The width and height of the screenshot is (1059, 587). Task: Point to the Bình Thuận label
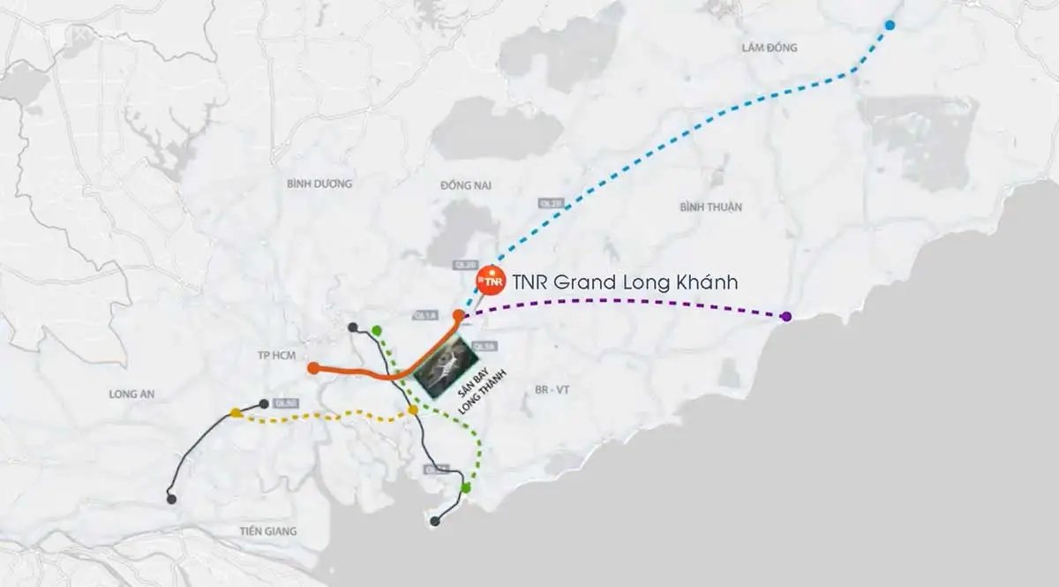pos(711,207)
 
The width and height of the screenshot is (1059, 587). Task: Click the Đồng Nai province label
pos(465,185)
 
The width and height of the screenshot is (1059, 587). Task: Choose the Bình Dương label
pos(319,184)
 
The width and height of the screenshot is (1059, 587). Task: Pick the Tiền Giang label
pos(267,531)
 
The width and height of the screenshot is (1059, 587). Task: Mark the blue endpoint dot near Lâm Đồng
pos(890,25)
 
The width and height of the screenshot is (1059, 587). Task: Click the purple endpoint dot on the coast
pos(786,316)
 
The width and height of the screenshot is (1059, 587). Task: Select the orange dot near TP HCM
pos(313,368)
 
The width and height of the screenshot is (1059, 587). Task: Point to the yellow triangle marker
pos(236,412)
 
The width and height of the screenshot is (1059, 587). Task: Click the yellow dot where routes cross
pos(412,410)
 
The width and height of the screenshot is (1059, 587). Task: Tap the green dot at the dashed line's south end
pos(466,487)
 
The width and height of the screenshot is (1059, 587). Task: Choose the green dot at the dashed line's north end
pos(377,331)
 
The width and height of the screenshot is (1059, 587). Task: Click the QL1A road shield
pos(421,315)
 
